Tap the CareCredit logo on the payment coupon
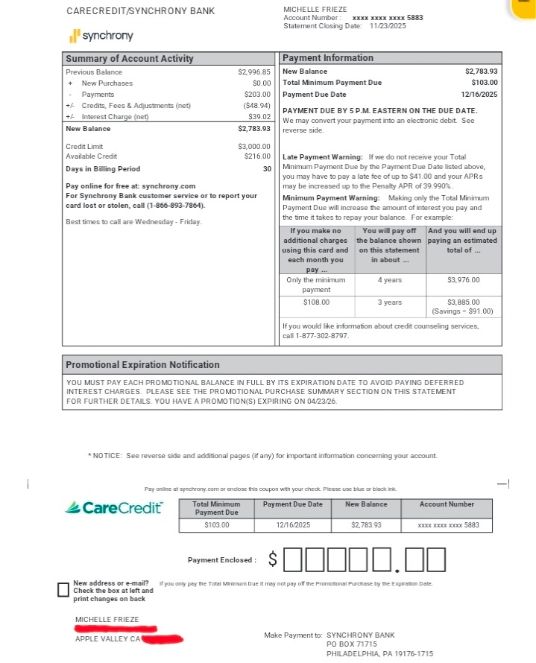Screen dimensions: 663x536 [x=114, y=508]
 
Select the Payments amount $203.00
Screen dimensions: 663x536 [x=257, y=95]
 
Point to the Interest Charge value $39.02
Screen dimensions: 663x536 [x=259, y=117]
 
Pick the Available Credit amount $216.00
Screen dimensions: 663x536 [x=257, y=156]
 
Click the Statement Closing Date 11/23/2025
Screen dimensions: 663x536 [x=388, y=26]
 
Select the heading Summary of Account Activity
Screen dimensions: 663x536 [x=130, y=59]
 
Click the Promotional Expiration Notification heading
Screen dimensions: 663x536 [x=142, y=365]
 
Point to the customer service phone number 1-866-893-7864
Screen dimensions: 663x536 [x=174, y=206]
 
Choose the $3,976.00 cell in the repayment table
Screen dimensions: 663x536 [x=463, y=280]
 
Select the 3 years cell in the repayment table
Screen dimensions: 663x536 [x=389, y=302]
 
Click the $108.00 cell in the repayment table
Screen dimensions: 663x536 [x=316, y=302]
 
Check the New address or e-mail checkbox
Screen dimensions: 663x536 [x=63, y=590]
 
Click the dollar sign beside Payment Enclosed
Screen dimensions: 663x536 [x=273, y=559]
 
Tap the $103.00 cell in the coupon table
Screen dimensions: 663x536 [x=217, y=525]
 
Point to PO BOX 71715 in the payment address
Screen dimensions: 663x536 [x=352, y=644]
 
